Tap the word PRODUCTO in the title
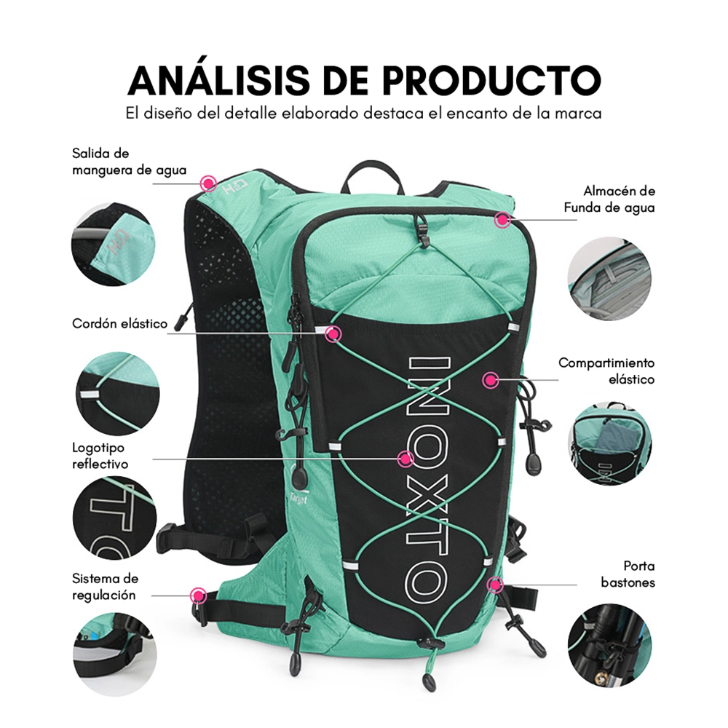492,80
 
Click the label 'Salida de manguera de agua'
129,162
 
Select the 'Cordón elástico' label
119,323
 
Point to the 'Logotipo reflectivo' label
100,456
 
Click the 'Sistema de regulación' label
105,586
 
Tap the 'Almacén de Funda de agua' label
609,199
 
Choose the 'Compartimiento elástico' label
606,371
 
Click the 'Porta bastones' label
628,574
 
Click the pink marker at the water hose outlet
208,183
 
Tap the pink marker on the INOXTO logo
405,459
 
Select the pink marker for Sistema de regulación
199,596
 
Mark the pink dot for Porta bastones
496,585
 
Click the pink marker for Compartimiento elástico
490,380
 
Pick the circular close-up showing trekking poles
609,645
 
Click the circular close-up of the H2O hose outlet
114,244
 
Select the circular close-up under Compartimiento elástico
610,444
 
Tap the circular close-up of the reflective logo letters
115,518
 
